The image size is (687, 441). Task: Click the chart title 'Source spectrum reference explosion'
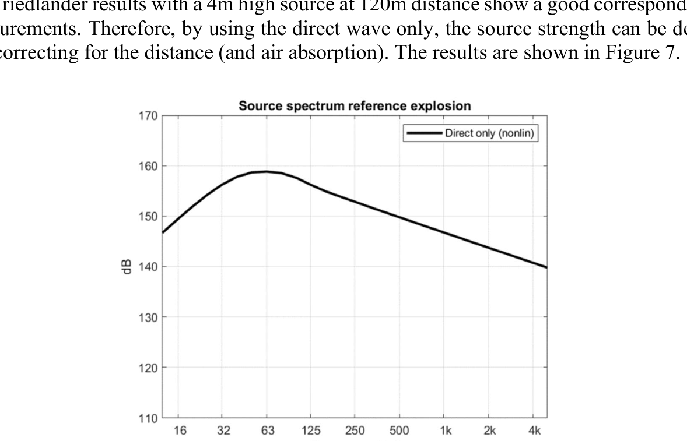[354, 107]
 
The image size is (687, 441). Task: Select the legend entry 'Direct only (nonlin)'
[490, 133]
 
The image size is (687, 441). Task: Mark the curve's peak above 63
[267, 171]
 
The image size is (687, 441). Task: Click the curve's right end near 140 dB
[546, 267]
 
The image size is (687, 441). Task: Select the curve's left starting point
[163, 232]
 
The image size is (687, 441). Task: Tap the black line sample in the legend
[425, 133]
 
